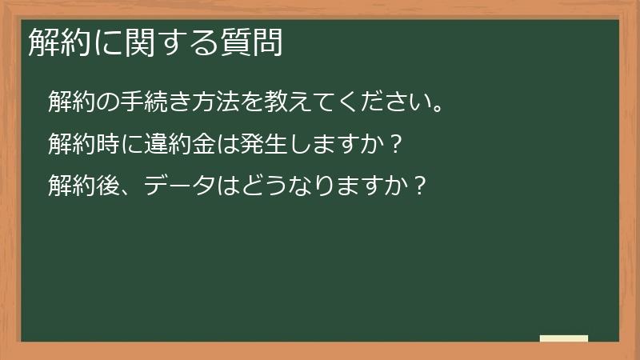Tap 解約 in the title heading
(53, 43)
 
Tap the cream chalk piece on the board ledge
(564, 338)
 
